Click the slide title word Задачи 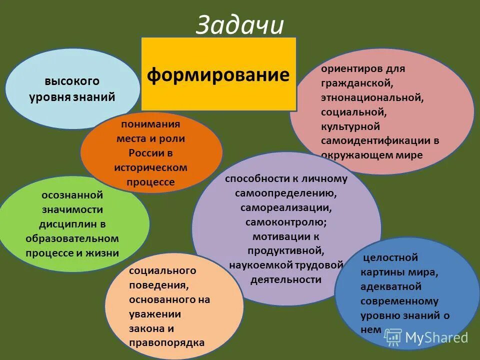(x=239, y=25)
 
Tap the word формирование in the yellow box (x=218, y=75)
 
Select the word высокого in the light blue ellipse (x=72, y=81)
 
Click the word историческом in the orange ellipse (x=150, y=167)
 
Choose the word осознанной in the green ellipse (x=72, y=194)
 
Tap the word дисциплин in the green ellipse (x=72, y=223)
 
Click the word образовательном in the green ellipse (x=72, y=238)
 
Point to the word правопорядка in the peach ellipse (x=166, y=343)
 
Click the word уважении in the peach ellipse (x=154, y=314)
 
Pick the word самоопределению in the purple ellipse (x=285, y=192)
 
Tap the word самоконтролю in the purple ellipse (x=285, y=221)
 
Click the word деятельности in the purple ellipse (x=285, y=279)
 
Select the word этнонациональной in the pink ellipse (x=372, y=96)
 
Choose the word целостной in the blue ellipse (x=390, y=258)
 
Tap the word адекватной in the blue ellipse (x=390, y=286)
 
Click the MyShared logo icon (x=393, y=337)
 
